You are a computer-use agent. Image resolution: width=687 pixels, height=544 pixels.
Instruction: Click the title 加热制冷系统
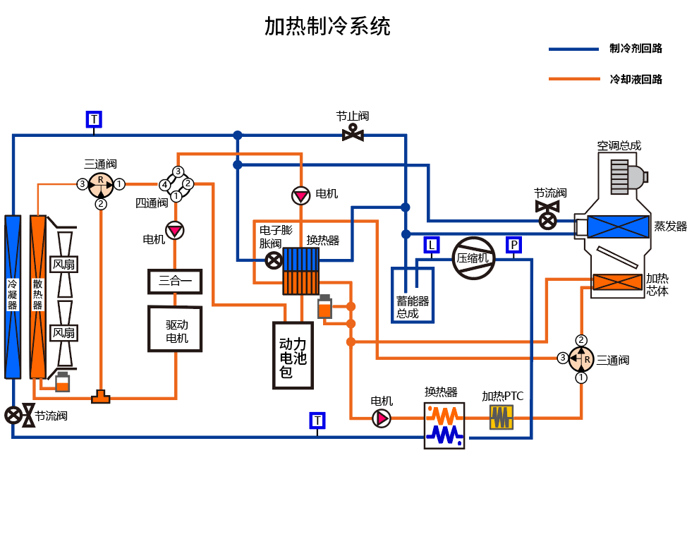coord(327,27)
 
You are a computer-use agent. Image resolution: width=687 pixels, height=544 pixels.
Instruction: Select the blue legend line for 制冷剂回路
coord(574,49)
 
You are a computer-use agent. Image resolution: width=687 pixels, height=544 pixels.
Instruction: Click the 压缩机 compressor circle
coord(473,258)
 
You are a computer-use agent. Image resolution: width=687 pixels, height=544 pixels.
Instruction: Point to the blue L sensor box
coord(432,245)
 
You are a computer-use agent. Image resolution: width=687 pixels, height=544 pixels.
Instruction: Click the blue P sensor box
coord(514,245)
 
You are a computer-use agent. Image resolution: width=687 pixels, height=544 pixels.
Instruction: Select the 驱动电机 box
coord(175,329)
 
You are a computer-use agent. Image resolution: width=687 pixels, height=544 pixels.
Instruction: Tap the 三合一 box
coord(174,281)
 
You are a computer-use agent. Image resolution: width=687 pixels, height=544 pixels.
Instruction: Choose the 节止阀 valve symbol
coord(353,133)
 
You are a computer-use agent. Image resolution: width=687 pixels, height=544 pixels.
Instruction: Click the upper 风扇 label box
coord(64,265)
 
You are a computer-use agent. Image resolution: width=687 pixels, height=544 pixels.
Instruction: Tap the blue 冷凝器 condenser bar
coord(13,296)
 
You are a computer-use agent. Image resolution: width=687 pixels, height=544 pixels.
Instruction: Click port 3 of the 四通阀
coord(178,171)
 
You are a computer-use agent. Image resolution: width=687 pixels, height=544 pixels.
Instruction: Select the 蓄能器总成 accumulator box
coord(413,295)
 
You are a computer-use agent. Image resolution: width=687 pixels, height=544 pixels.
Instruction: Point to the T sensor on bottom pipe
coord(317,421)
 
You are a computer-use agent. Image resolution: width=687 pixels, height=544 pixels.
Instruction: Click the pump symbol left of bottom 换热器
coord(381,419)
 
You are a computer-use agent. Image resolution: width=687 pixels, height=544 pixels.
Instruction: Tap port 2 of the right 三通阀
coord(581,340)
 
